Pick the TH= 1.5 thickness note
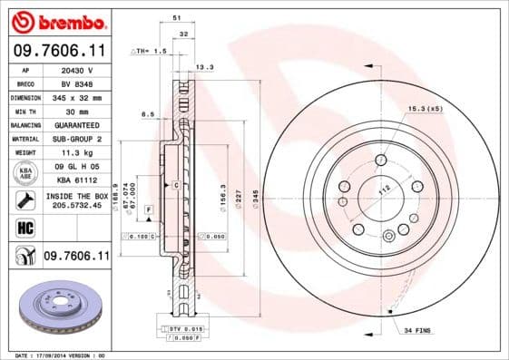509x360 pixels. [150, 52]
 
